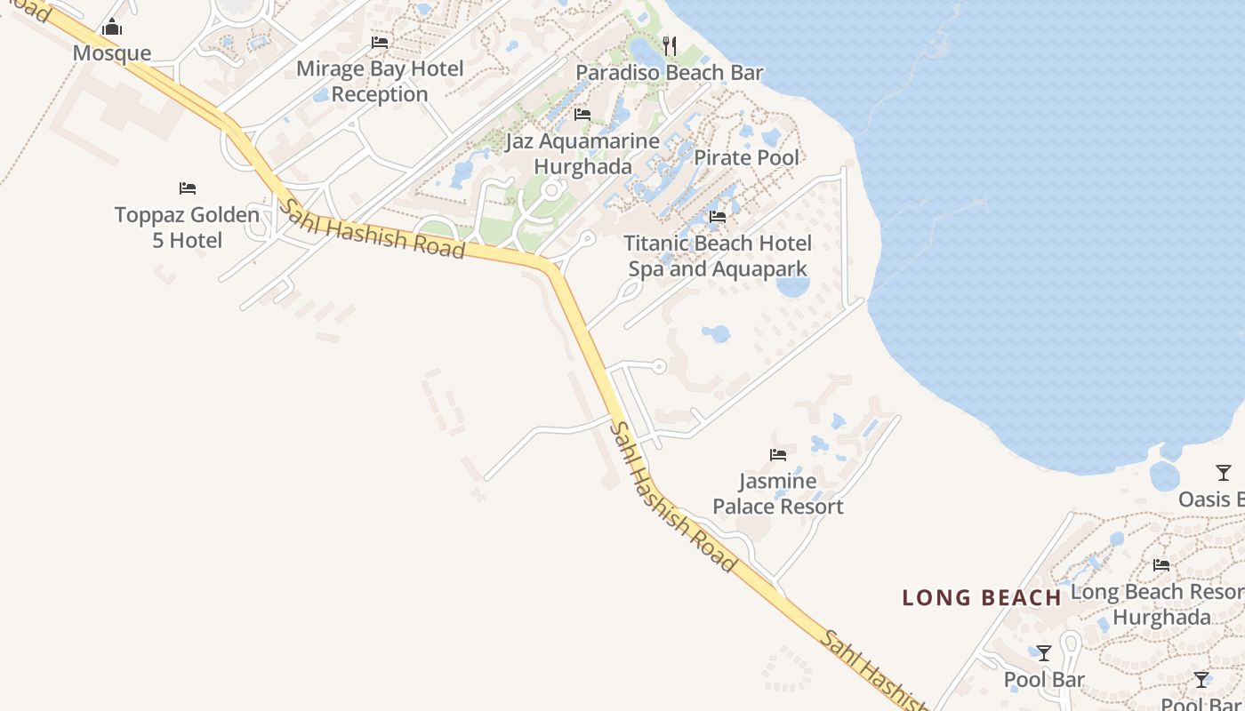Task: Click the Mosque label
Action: tap(112, 53)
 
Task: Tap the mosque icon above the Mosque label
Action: tap(112, 28)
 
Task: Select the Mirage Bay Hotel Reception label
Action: tap(380, 82)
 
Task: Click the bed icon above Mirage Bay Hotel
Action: tap(380, 43)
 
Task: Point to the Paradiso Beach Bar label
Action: tap(670, 73)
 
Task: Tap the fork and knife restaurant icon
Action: tap(670, 45)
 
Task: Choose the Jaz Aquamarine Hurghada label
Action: tap(582, 154)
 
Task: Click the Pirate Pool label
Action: tap(746, 158)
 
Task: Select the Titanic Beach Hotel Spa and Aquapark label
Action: tap(718, 256)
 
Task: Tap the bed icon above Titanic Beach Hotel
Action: tap(718, 217)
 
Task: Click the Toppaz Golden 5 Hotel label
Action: tap(187, 228)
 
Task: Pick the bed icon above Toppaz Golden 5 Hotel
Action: tap(187, 188)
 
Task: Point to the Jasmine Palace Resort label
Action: tap(778, 494)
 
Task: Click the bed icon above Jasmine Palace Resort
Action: tap(778, 455)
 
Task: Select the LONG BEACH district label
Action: tap(982, 598)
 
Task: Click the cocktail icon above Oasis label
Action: tap(1224, 473)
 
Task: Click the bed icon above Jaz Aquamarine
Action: tap(582, 115)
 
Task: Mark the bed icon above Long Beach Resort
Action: tap(1161, 565)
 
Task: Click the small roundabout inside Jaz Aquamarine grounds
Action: tap(552, 190)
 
